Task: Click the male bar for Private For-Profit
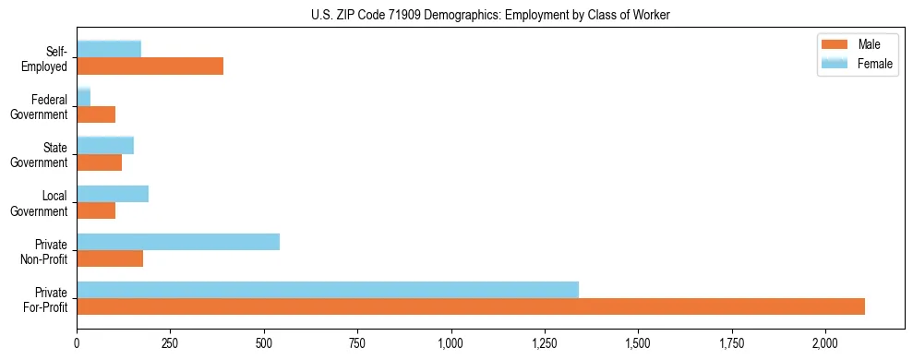coord(471,306)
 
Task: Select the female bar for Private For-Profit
coord(328,290)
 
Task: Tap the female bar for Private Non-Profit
coord(178,242)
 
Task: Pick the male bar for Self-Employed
coord(150,66)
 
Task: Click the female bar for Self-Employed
coord(109,49)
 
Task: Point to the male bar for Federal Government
coord(96,114)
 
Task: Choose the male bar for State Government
coord(99,162)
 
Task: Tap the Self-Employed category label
coord(47,58)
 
